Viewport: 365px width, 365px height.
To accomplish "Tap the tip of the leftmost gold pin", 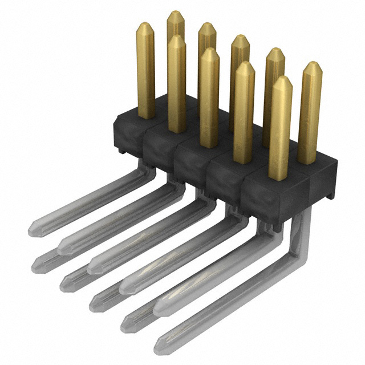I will pyautogui.click(x=145, y=25).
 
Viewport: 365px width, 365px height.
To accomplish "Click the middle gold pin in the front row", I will pyautogui.click(x=209, y=97).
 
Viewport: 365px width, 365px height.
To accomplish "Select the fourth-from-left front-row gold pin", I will pyautogui.click(x=244, y=111).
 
